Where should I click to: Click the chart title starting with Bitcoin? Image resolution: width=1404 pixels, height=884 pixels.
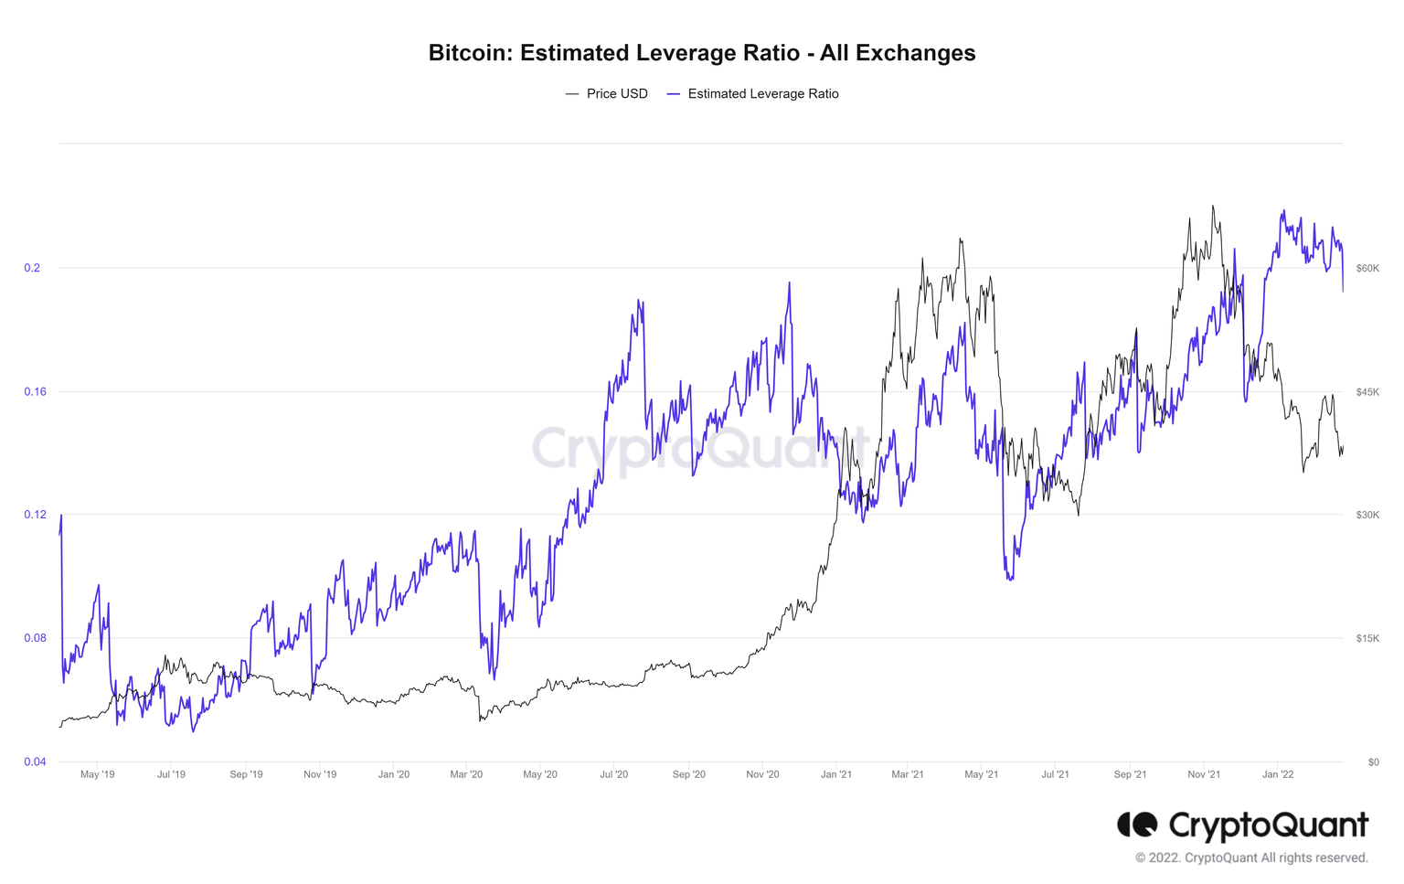point(701,53)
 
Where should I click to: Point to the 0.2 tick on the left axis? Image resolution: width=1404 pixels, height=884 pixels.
point(32,268)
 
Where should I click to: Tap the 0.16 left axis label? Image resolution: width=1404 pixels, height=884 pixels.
point(34,391)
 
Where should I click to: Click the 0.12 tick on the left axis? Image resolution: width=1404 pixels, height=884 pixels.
point(34,515)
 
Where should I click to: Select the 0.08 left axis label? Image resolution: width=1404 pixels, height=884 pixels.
point(34,638)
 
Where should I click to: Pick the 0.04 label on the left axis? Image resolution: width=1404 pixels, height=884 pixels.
point(34,762)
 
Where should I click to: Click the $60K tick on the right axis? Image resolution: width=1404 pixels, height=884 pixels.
point(1367,268)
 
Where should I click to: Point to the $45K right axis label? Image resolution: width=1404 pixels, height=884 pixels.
point(1367,391)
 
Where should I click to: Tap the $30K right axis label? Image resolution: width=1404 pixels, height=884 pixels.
point(1367,515)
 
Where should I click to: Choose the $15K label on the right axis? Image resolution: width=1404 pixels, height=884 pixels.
point(1367,638)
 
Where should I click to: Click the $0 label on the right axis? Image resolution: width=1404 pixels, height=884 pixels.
point(1373,762)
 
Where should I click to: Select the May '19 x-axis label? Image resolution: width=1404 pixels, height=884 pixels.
point(97,774)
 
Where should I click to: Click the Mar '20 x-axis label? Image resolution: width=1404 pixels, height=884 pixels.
point(466,774)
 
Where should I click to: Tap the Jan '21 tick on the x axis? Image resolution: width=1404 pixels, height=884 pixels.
point(835,774)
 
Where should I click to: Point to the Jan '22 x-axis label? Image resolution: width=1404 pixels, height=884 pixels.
point(1277,774)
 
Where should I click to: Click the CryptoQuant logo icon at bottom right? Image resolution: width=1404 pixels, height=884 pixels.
point(1137,825)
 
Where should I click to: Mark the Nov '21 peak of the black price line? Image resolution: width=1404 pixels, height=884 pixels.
point(1212,207)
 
